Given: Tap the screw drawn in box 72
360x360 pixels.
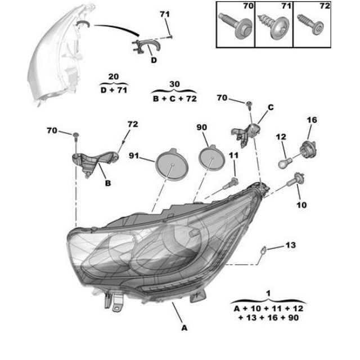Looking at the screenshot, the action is click(x=311, y=25).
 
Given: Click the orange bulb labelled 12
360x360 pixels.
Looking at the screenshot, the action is click(x=285, y=163).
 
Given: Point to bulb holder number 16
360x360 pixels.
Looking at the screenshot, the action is click(x=308, y=148).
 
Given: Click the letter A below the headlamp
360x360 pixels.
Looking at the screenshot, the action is click(x=184, y=328).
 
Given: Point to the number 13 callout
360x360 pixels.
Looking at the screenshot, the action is click(x=290, y=245).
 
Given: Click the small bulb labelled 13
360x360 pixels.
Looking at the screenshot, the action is click(x=263, y=250).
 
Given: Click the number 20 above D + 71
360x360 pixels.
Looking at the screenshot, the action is click(x=114, y=76).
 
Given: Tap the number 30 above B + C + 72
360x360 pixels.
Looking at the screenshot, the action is click(x=174, y=84).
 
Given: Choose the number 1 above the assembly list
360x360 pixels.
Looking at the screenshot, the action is click(x=268, y=293).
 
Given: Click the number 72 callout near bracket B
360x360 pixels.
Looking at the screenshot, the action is click(x=133, y=124).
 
